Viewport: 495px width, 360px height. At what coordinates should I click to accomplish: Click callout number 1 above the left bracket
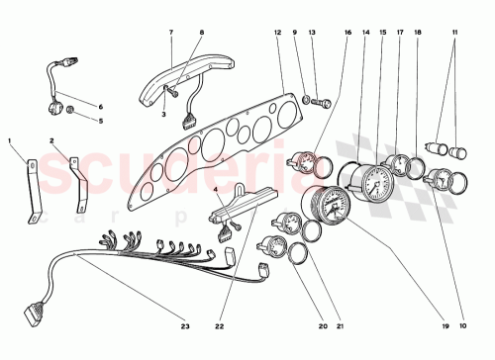point(10,141)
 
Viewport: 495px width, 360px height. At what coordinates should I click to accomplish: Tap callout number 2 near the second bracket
point(52,141)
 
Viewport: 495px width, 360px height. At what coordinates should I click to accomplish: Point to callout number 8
point(201,33)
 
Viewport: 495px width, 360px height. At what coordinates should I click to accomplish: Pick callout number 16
point(348,33)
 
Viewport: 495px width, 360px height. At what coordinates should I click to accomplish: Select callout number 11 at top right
point(455,33)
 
